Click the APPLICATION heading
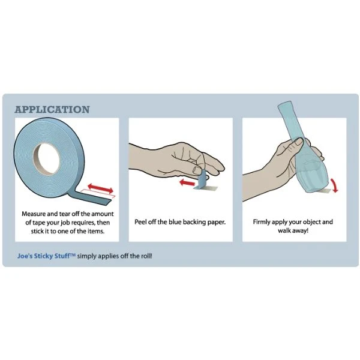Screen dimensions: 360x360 (x=52, y=110)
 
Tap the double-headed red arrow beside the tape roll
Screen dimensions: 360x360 (x=101, y=188)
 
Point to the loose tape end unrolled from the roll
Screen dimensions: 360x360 (x=92, y=197)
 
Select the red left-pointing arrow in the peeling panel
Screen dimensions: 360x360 (x=187, y=183)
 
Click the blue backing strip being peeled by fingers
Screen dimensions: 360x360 (x=202, y=179)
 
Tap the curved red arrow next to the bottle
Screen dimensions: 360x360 (x=334, y=185)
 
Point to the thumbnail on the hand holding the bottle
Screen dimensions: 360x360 (x=299, y=141)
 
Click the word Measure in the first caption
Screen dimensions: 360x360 (x=34, y=214)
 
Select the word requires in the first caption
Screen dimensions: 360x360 (x=83, y=223)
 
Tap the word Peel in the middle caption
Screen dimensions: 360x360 (x=140, y=222)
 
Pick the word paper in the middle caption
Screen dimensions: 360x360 (x=216, y=223)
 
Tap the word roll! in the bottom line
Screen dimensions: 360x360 (x=146, y=256)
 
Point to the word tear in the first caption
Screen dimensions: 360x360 (x=65, y=214)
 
